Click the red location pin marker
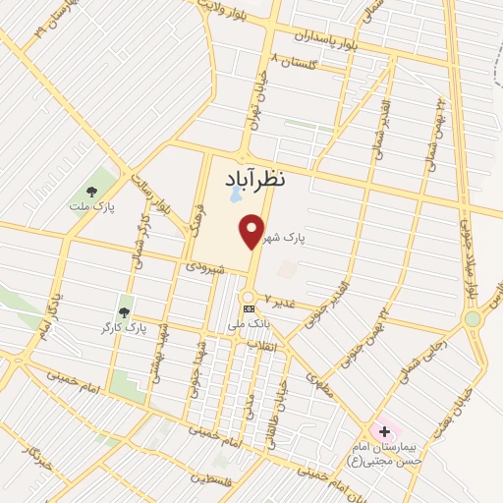coord(252,233)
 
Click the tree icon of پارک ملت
coord(92,193)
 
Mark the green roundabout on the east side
coord(474,318)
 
